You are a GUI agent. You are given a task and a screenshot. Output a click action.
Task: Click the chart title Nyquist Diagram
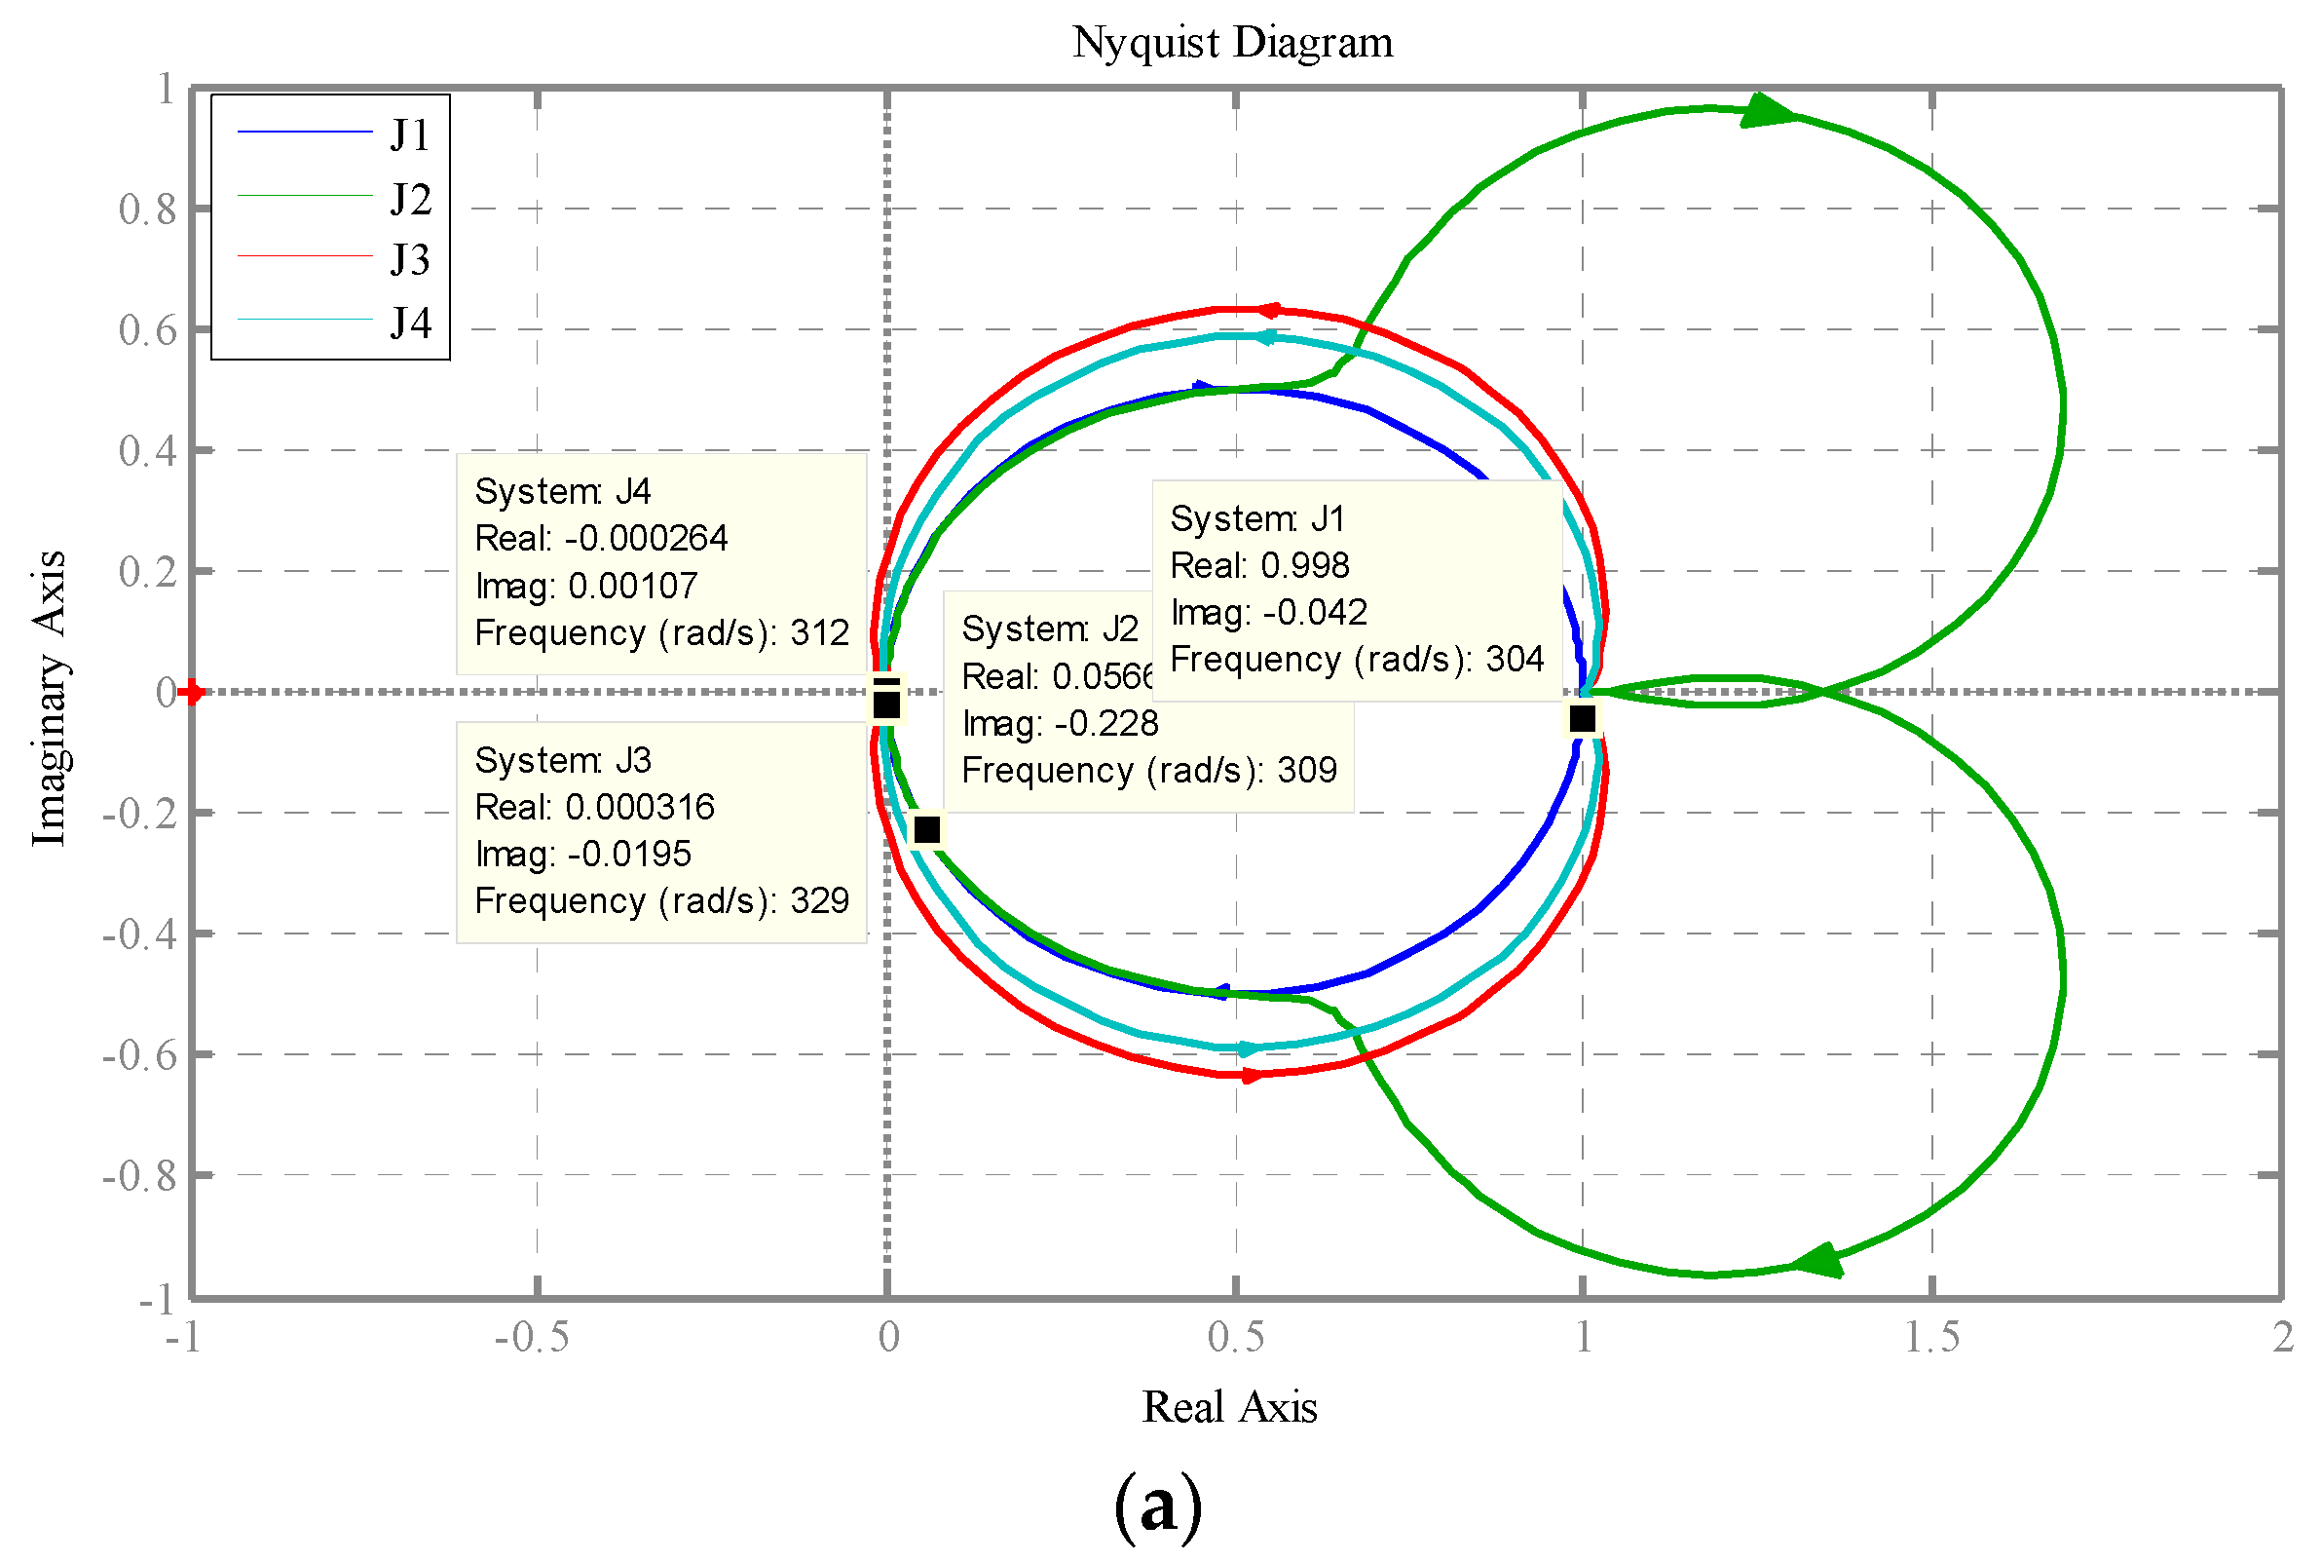[x=1232, y=43]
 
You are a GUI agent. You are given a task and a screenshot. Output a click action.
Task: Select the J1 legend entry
[x=409, y=135]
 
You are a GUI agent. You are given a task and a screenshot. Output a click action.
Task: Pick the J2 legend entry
[x=409, y=199]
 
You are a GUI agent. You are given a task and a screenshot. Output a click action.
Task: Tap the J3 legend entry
[x=409, y=260]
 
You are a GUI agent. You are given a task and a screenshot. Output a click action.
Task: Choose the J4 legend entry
[x=409, y=323]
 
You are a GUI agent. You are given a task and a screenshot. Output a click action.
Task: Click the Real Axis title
[x=1229, y=1408]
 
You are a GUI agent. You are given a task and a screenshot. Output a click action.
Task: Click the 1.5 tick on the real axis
[x=1930, y=1338]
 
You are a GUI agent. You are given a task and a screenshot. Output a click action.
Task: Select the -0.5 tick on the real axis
[x=532, y=1338]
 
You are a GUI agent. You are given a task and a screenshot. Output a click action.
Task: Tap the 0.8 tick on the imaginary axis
[x=147, y=210]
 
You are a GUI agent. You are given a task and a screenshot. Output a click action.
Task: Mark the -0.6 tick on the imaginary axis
[x=140, y=1055]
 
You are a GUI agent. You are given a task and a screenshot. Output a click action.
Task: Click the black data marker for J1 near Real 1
[x=1581, y=718]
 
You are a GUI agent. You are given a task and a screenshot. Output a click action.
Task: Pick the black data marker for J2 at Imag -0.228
[x=927, y=829]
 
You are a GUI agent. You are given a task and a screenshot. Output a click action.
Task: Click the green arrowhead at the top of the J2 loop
[x=1768, y=110]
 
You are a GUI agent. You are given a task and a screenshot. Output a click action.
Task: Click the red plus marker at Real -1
[x=192, y=691]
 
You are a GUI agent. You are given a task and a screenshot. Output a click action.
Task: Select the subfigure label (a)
[x=1158, y=1505]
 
